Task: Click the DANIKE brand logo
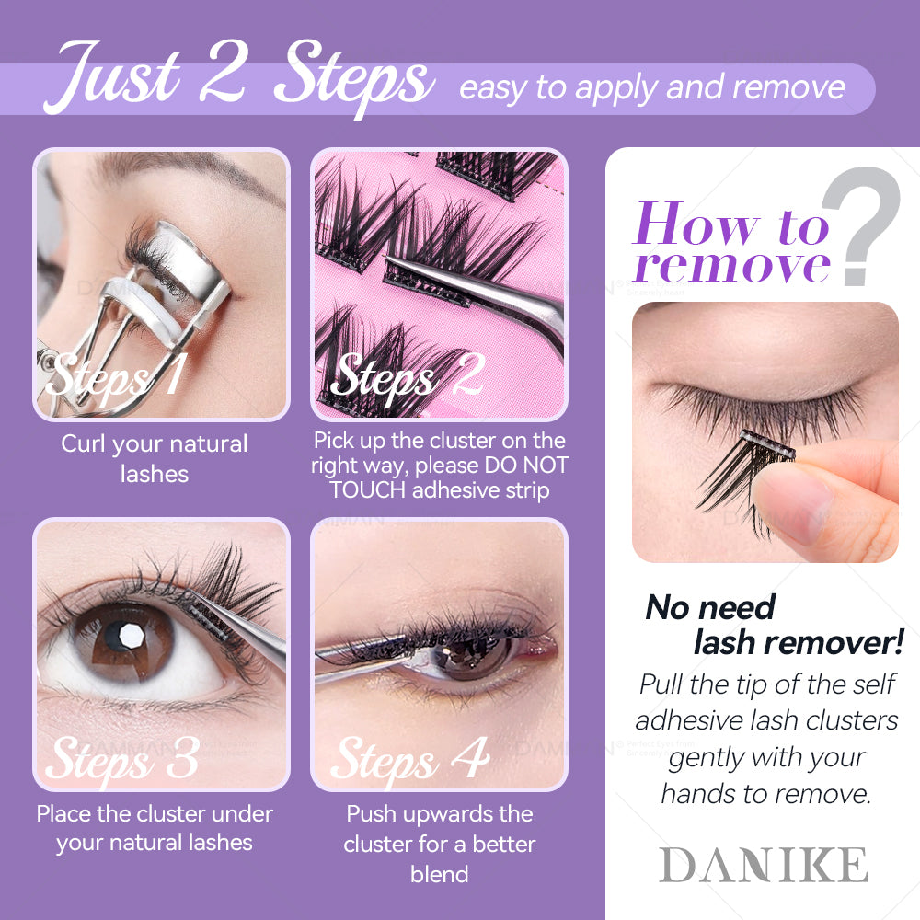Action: coord(764,865)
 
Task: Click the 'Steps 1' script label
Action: coord(116,378)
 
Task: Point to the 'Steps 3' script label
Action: coord(122,759)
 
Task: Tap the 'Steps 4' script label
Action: coord(409,760)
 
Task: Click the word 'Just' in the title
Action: coord(111,75)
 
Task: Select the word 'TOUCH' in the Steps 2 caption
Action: coord(367,490)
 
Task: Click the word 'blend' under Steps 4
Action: coord(440,874)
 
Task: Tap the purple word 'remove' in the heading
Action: coord(732,266)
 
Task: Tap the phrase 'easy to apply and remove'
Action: coord(652,88)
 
